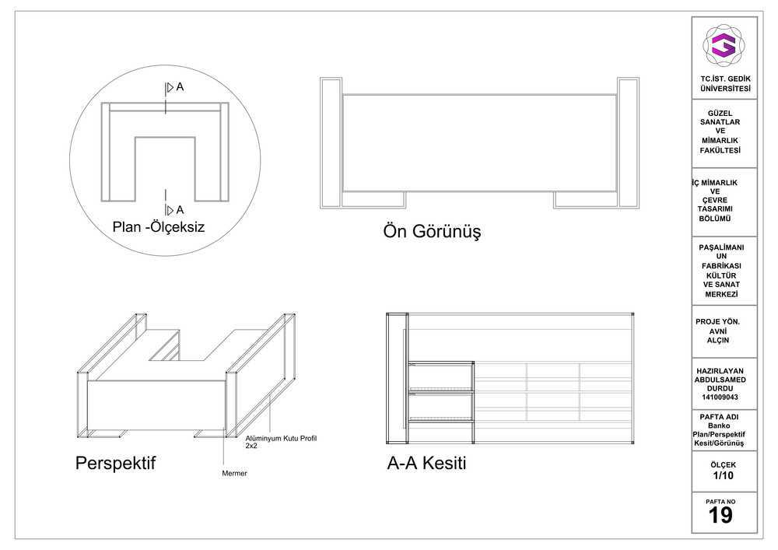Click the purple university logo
723,45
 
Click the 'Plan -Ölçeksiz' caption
158,227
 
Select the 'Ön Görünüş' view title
432,232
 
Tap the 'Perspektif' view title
116,463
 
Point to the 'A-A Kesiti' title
426,463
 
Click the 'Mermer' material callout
234,474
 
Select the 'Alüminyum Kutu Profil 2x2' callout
281,442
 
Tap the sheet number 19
720,515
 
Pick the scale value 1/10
723,475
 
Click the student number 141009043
720,398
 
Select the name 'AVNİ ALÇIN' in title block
718,336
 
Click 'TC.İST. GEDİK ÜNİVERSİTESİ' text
725,84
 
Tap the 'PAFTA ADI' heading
719,417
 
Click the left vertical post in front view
331,143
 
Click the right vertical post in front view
628,143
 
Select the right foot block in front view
586,200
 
